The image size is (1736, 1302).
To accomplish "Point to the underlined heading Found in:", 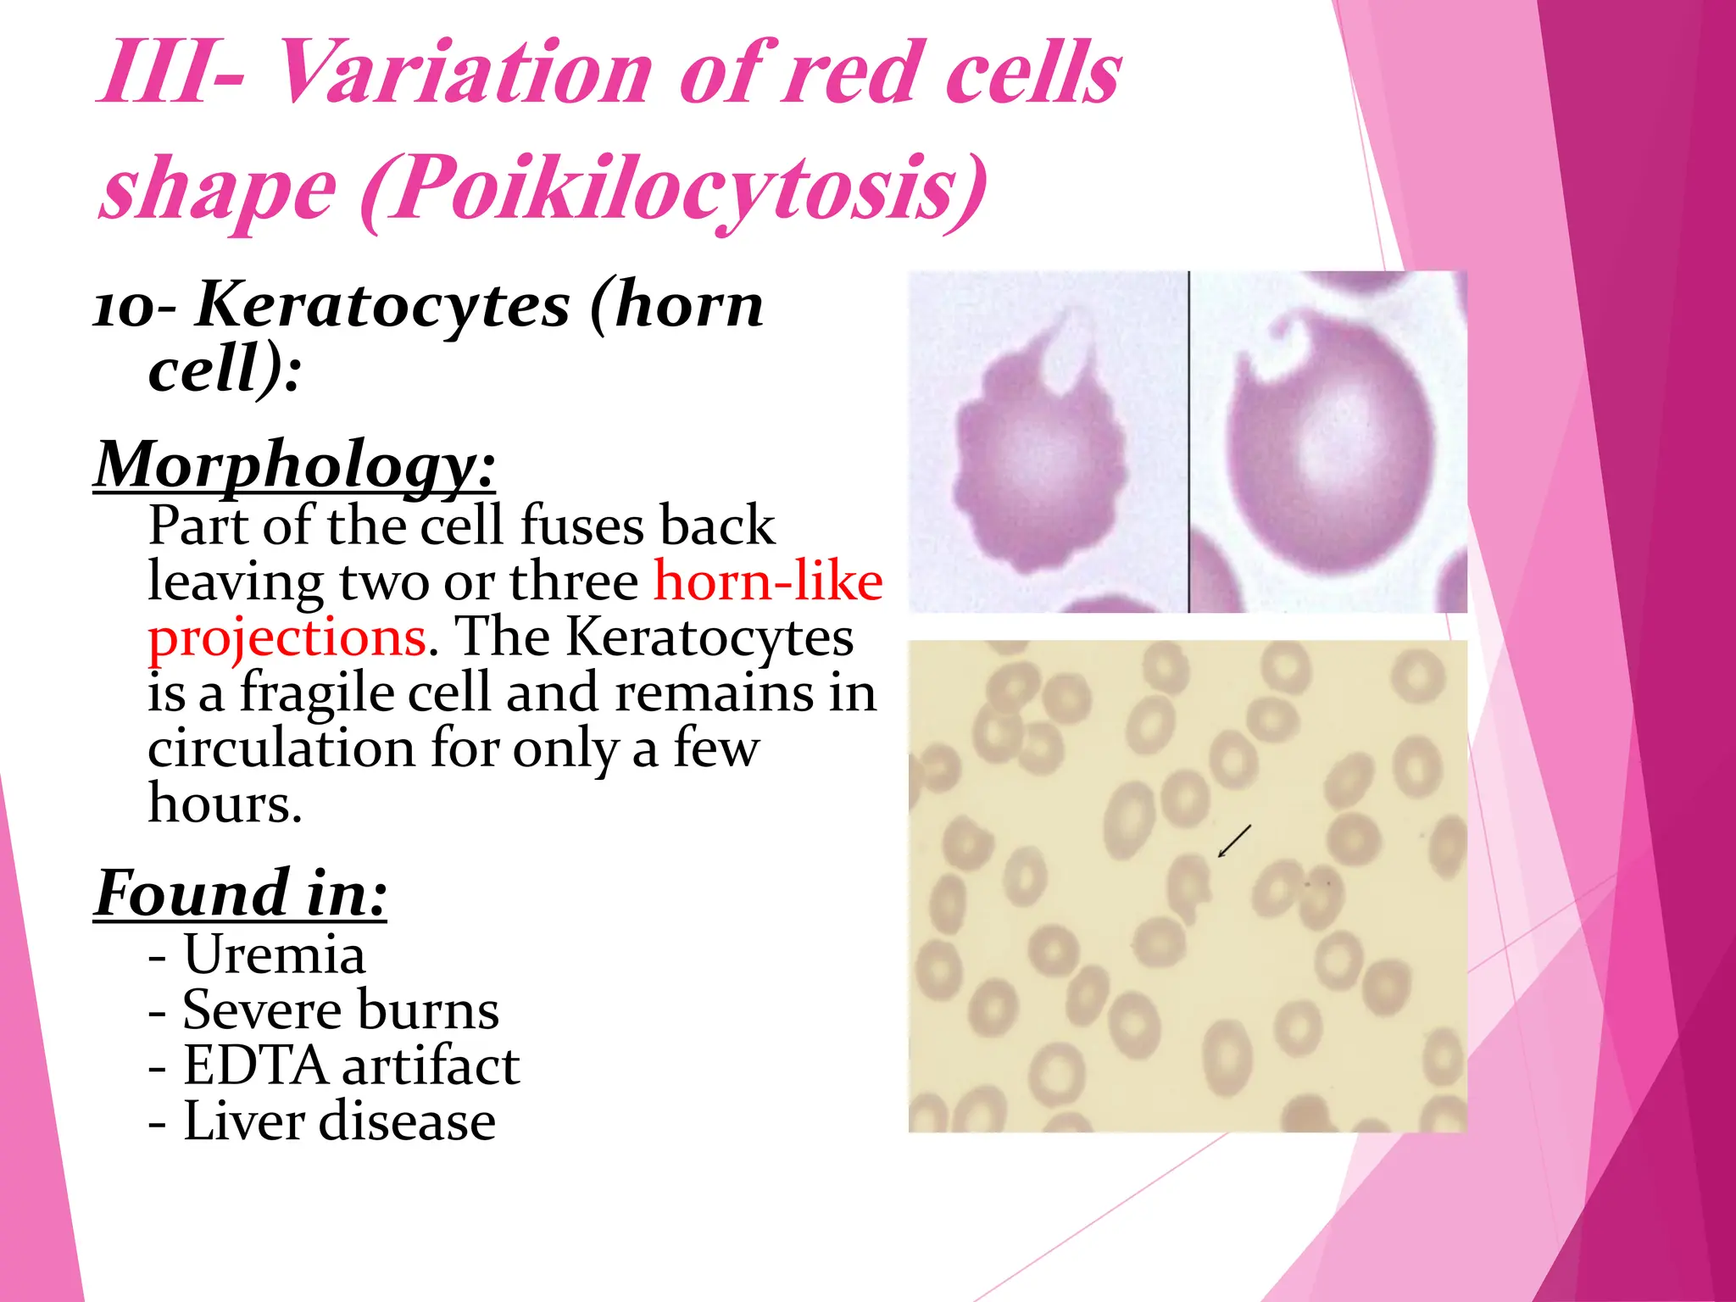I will click(241, 893).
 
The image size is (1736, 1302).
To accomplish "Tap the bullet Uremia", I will click(273, 954).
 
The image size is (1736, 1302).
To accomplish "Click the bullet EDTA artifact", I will click(350, 1066).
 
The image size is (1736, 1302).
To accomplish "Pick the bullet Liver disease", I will click(339, 1122).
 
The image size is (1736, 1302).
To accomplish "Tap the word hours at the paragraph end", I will click(224, 804).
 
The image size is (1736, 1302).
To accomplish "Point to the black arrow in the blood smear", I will click(1234, 840).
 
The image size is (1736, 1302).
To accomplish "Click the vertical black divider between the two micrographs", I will click(1188, 442).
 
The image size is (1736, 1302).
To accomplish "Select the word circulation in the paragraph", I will click(281, 749).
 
